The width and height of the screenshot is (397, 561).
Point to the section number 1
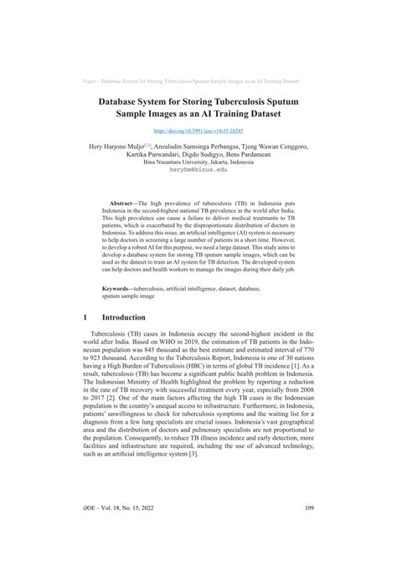(x=87, y=319)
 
